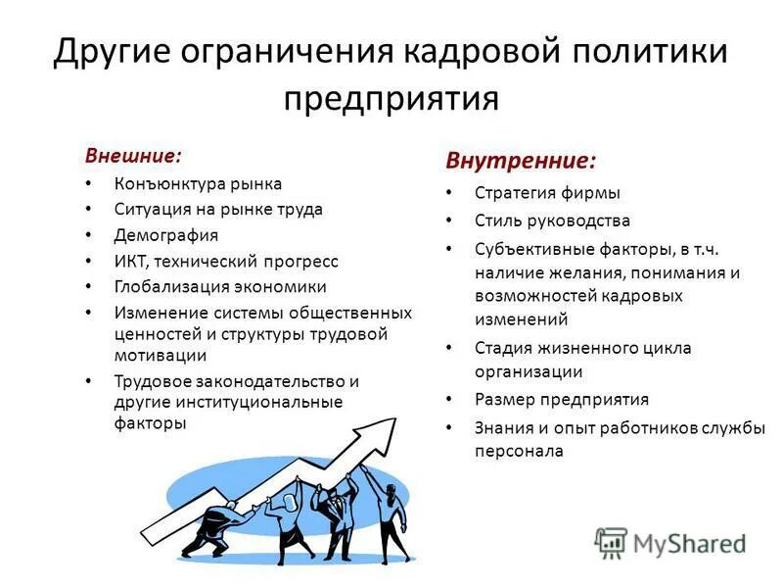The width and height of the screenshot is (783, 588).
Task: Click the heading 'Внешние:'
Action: (x=133, y=156)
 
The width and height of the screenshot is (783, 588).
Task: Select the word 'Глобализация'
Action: (x=172, y=287)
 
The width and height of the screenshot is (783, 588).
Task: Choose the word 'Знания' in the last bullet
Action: (x=505, y=427)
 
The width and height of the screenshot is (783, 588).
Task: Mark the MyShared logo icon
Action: (x=611, y=542)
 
